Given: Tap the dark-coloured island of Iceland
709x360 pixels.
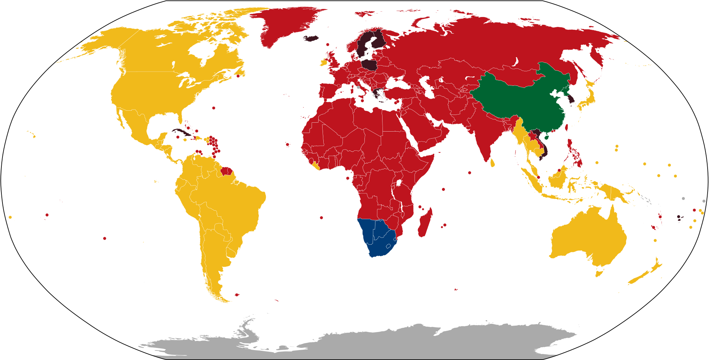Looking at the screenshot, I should click(311, 38).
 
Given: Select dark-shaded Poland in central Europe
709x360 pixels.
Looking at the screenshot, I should click(369, 65).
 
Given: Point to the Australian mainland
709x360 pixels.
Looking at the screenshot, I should click(588, 238).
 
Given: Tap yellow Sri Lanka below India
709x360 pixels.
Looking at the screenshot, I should click(492, 163).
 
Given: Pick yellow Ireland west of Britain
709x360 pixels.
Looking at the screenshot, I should click(323, 63).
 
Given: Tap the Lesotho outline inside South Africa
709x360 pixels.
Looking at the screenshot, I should click(388, 246).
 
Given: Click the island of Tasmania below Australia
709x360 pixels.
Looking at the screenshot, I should click(599, 273).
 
